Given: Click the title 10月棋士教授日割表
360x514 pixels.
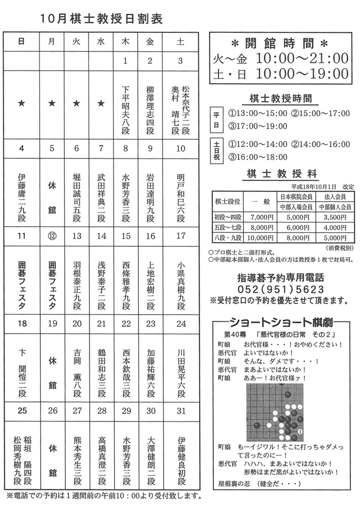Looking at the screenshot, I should [x=101, y=19].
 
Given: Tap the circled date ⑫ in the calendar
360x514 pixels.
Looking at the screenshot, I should [x=51, y=236].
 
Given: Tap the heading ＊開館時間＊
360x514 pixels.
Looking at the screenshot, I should [x=279, y=42].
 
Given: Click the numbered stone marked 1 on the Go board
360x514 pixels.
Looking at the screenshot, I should [x=301, y=431].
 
